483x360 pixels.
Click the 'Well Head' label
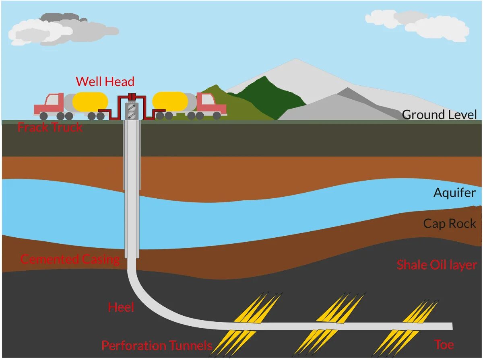[x=105, y=82]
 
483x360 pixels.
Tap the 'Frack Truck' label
[x=50, y=128]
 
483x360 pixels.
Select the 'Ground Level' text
[x=439, y=115]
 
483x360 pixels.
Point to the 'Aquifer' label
[x=454, y=193]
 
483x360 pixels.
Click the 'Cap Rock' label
[x=450, y=224]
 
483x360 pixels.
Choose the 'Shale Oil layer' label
[x=437, y=265]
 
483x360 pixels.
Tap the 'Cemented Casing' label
[x=70, y=259]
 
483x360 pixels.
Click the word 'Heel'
[x=121, y=308]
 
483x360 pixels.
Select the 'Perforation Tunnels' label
[x=157, y=346]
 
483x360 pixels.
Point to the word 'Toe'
[x=444, y=345]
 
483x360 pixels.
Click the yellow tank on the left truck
[x=90, y=102]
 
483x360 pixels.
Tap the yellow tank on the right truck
[x=170, y=101]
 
